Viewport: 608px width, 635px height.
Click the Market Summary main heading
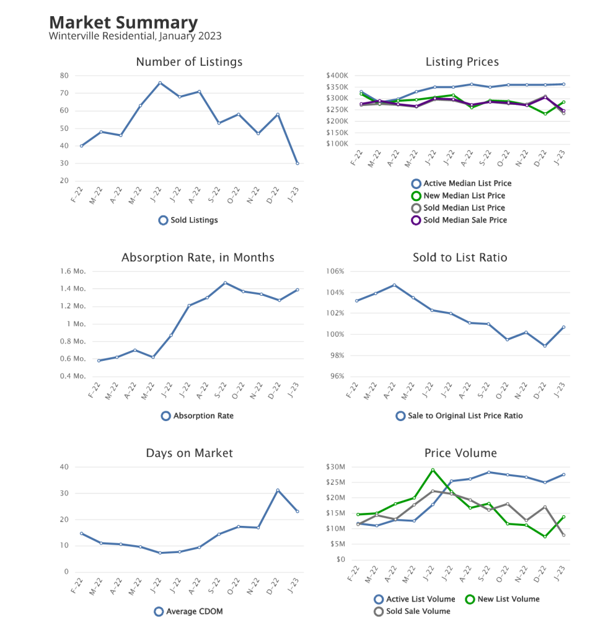tap(123, 22)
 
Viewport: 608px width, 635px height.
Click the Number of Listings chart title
tap(189, 62)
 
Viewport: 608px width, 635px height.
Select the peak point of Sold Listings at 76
tap(159, 82)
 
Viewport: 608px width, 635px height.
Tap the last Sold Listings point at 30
tap(297, 163)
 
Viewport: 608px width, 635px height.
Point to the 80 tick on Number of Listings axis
tap(64, 76)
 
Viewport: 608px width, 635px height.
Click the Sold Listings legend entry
tap(188, 220)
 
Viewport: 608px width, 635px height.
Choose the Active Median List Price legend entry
tap(461, 184)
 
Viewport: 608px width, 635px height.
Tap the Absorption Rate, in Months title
tap(198, 257)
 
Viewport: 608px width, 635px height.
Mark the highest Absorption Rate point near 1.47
tap(226, 283)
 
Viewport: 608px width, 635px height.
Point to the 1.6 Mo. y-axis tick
tap(73, 272)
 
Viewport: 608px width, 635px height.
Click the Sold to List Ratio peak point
tap(394, 285)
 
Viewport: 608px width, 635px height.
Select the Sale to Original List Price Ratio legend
tap(459, 415)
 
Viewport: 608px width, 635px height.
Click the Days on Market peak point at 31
tap(278, 490)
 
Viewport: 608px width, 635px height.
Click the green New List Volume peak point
tap(433, 470)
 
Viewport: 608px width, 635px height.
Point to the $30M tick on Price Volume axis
tap(339, 467)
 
